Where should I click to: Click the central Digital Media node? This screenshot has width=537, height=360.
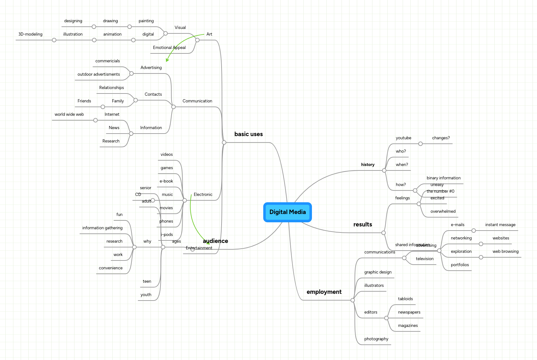pos(287,212)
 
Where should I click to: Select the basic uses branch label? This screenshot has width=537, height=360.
pos(248,134)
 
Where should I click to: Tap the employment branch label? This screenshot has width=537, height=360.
pos(324,292)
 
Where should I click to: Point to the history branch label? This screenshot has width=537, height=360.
pos(368,165)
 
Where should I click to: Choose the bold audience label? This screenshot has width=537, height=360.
pos(216,241)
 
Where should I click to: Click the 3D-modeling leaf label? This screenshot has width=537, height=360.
pos(30,34)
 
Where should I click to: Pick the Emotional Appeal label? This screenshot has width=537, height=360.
pos(169,48)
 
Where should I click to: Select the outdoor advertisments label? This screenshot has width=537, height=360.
pos(99,74)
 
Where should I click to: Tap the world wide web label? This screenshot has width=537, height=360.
pos(69,114)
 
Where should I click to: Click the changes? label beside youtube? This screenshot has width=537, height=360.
pos(441,138)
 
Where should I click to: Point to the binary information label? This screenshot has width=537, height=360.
pos(443,178)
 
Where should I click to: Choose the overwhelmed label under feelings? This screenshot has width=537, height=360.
pos(443,211)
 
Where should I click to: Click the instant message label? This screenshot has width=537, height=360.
pos(500,225)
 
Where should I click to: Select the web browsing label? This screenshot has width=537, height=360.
pos(505,252)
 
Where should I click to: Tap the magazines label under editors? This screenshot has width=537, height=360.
pos(408,326)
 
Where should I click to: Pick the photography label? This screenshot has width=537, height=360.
pos(376,339)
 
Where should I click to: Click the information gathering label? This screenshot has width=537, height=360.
pos(102,228)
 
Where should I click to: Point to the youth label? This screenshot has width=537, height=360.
pos(146,295)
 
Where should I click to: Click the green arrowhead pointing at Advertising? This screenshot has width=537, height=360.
pos(167,60)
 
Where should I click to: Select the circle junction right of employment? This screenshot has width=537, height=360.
pos(353,300)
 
